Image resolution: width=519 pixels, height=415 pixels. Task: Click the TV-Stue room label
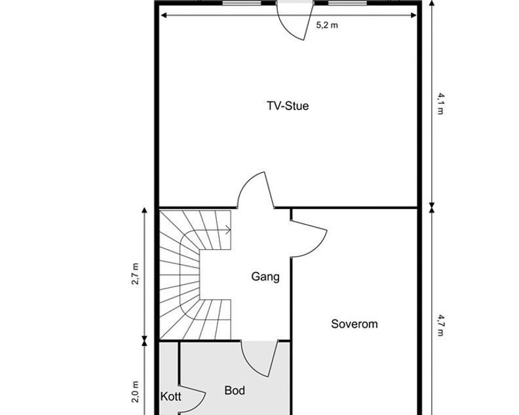pyautogui.click(x=288, y=105)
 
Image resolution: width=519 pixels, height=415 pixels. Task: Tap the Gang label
pyautogui.click(x=265, y=277)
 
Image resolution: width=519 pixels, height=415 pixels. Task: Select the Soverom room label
pyautogui.click(x=355, y=324)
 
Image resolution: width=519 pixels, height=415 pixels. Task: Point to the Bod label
pyautogui.click(x=235, y=391)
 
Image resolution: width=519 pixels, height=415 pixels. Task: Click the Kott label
pyautogui.click(x=171, y=397)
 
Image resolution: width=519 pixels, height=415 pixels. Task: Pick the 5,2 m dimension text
pyautogui.click(x=327, y=26)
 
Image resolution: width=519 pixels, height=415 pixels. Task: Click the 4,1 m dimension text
pyautogui.click(x=440, y=104)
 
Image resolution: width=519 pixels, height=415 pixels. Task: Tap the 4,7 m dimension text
pyautogui.click(x=440, y=325)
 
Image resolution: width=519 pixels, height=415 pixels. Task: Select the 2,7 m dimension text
pyautogui.click(x=136, y=275)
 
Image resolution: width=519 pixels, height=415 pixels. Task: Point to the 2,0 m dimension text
pyautogui.click(x=136, y=392)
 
